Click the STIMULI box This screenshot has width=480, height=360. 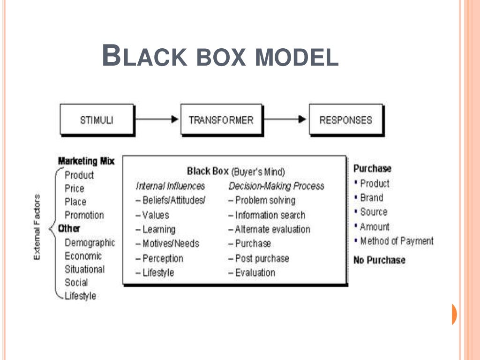coord(97,120)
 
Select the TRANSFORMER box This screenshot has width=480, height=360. coord(221,120)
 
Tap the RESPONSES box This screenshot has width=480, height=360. coord(345,120)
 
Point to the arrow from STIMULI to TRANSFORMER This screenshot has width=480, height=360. coord(157,120)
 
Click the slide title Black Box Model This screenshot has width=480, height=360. coord(220,56)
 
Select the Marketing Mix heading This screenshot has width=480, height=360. coord(86,161)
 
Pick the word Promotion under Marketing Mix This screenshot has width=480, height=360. coord(84,216)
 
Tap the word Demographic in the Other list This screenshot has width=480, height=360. coord(90,243)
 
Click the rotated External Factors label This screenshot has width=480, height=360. coord(38,227)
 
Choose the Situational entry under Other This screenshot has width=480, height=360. coord(85,270)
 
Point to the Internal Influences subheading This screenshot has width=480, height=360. coord(171,186)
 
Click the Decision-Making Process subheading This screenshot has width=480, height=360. coord(277,186)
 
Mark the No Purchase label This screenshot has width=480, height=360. coord(379,260)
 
